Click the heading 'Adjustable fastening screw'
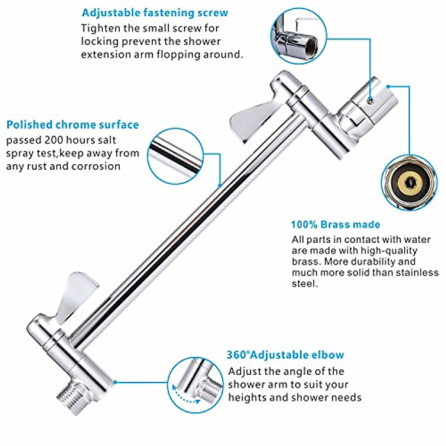point(155,13)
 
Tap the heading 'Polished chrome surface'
point(73,125)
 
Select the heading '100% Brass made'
point(335,224)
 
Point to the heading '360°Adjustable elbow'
point(285,355)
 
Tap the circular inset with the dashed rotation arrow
point(195,386)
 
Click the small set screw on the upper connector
point(369,100)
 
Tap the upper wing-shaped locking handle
point(252,119)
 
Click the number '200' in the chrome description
point(55,140)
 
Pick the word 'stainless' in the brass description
point(417,273)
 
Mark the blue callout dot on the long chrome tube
point(220,185)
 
